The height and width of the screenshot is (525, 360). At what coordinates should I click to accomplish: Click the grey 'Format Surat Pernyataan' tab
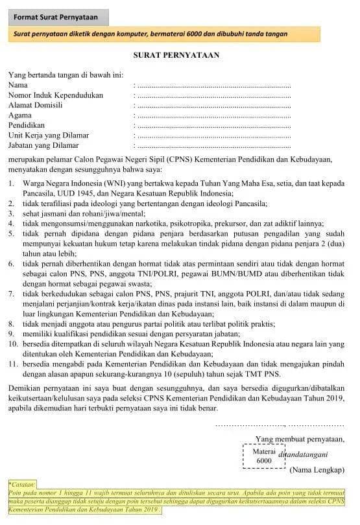tap(58, 17)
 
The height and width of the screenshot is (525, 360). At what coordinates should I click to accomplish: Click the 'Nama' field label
tap(18, 85)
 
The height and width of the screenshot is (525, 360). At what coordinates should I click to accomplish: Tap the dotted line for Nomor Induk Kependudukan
tap(214, 95)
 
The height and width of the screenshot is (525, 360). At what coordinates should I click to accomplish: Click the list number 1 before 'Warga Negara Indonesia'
tap(11, 184)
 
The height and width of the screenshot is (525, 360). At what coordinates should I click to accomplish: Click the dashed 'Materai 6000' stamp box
tap(263, 456)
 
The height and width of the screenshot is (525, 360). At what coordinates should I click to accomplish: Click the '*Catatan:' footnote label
tap(22, 484)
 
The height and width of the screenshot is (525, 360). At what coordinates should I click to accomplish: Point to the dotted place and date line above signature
tap(280, 424)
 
